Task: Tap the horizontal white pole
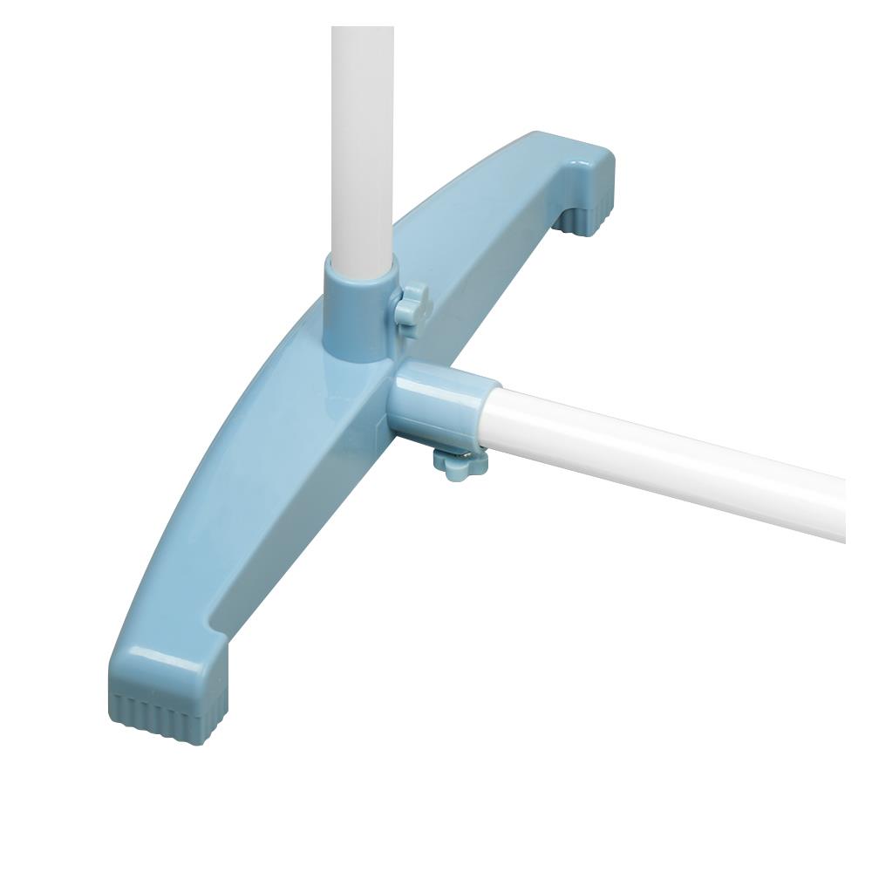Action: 663,458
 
